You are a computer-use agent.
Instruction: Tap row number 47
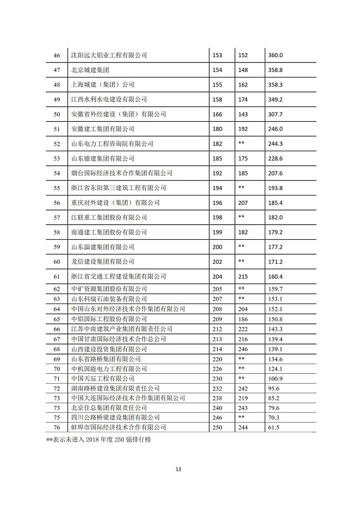tap(55, 70)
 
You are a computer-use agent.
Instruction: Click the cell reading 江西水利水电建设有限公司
tap(109, 100)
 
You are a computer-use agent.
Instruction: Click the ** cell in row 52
tap(241, 143)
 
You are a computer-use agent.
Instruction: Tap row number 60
tap(55, 261)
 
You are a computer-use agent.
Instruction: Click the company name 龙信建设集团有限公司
tap(103, 261)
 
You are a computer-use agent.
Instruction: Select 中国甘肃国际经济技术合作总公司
tap(119, 338)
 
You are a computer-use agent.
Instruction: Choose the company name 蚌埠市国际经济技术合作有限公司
tap(119, 427)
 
